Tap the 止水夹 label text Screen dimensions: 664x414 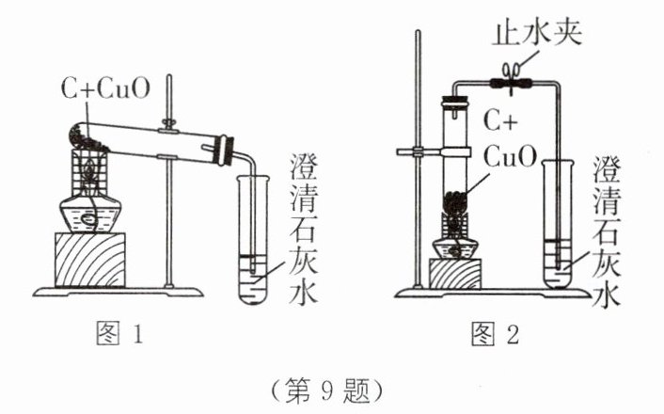[x=539, y=35]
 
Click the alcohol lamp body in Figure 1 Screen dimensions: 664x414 [x=89, y=214]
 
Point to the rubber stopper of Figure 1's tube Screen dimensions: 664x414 [x=223, y=149]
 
